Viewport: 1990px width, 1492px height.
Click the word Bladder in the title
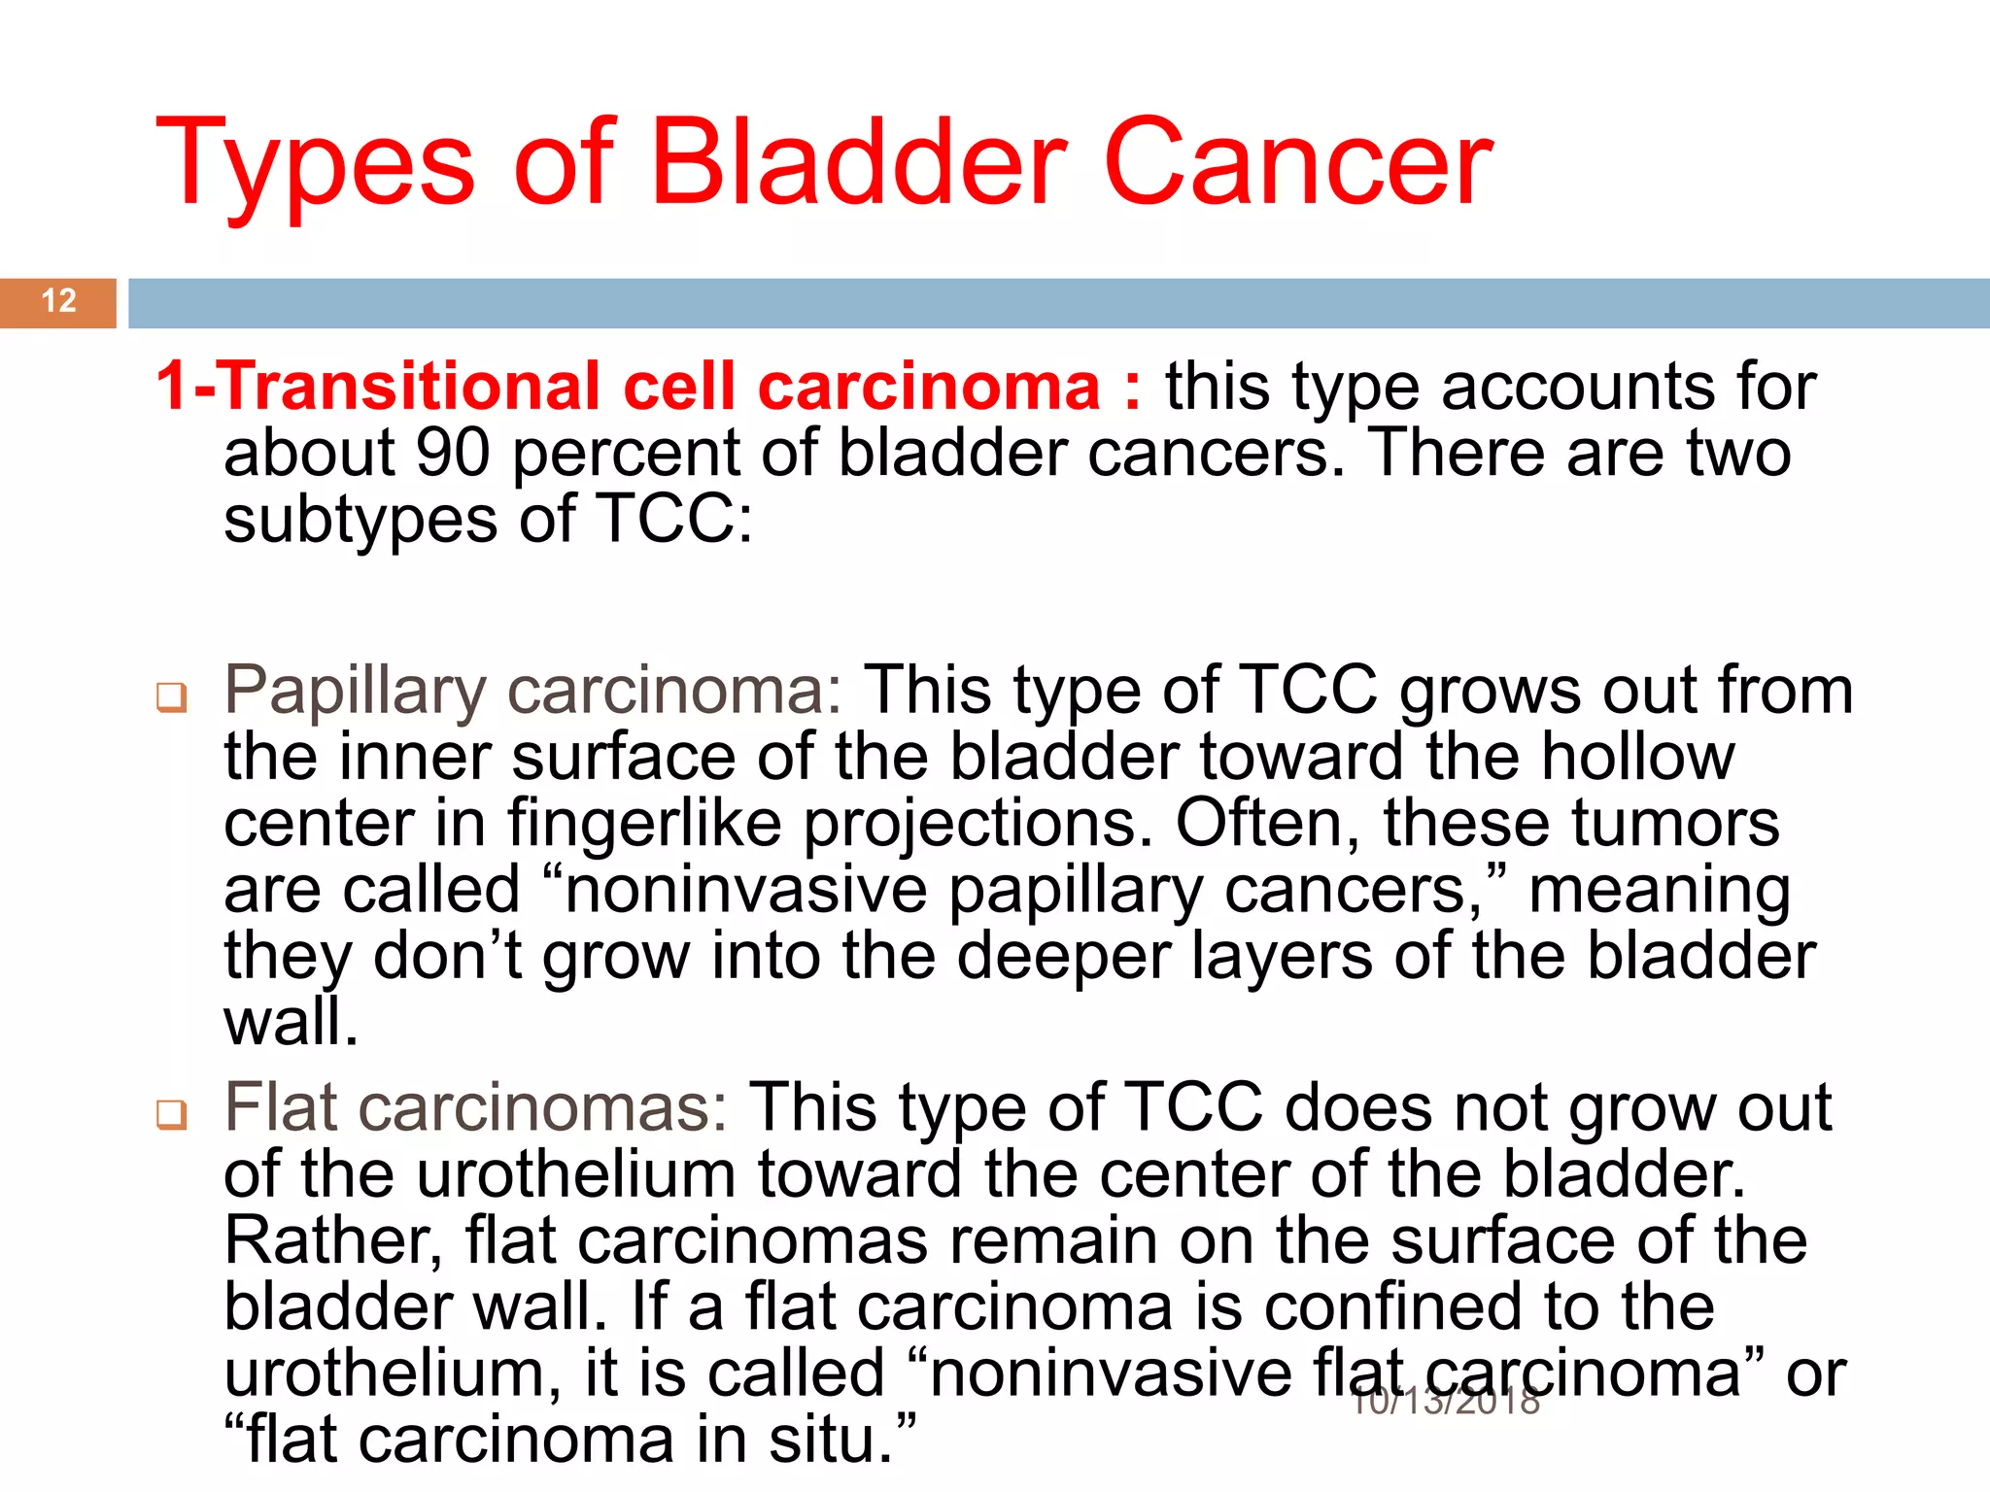click(x=859, y=163)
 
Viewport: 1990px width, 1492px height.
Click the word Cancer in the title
click(x=1297, y=163)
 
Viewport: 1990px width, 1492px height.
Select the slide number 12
click(x=58, y=301)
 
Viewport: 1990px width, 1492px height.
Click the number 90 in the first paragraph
click(x=452, y=454)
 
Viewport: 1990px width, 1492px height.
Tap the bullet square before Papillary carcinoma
click(x=172, y=697)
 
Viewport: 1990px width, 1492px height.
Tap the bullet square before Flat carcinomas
click(x=172, y=1114)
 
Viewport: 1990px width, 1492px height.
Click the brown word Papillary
click(x=355, y=693)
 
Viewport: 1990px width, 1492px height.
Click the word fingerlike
click(x=643, y=824)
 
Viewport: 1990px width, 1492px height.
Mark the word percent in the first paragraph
click(x=626, y=454)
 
